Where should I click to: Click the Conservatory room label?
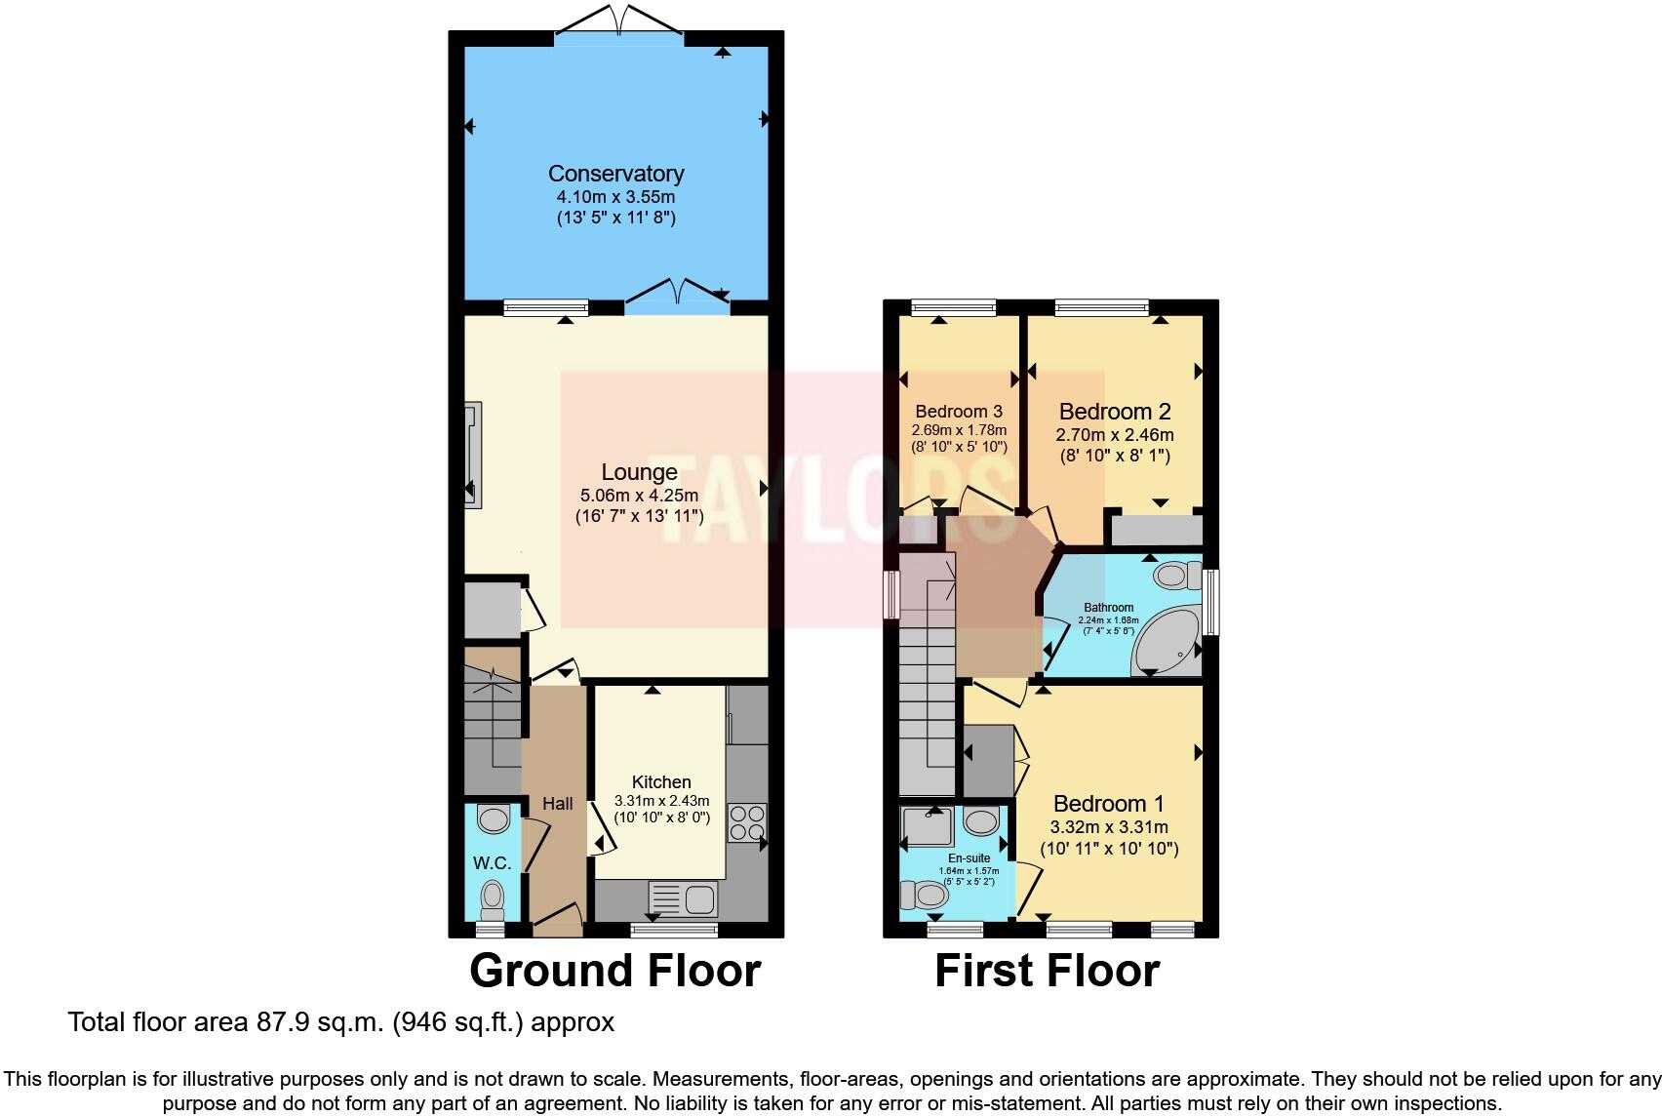615,174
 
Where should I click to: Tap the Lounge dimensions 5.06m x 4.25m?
639,495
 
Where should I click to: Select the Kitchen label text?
661,781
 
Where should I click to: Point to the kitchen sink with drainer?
682,897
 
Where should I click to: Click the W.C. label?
493,862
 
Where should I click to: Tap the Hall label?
557,804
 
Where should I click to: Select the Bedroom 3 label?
958,412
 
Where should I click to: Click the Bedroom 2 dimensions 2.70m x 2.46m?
1114,435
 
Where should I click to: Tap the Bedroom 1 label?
1108,804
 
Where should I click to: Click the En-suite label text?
969,858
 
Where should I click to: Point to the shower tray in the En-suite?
926,825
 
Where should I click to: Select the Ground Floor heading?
614,971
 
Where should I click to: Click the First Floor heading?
1047,971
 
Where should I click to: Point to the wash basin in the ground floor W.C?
495,817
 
